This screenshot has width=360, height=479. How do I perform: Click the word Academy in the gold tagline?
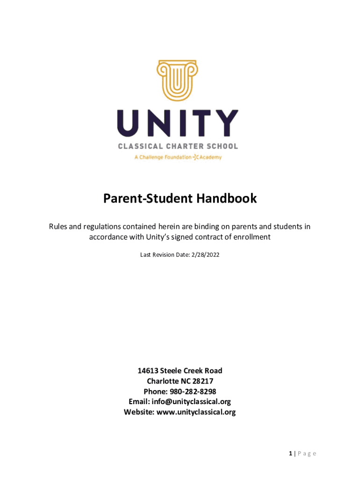click(210, 157)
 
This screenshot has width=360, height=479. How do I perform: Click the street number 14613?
click(148, 371)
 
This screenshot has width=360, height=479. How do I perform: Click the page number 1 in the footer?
click(290, 453)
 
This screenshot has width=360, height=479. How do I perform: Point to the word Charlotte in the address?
click(163, 381)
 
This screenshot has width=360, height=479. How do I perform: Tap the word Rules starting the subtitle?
click(58, 227)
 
